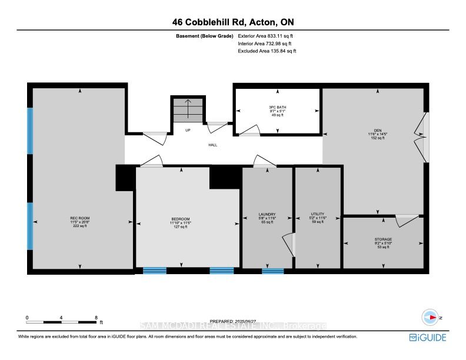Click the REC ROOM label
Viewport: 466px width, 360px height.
tap(79, 218)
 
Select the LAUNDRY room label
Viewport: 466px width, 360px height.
tap(267, 214)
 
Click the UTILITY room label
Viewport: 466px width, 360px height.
tap(318, 214)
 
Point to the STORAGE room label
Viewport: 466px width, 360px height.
tap(383, 239)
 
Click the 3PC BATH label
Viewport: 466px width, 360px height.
tap(277, 107)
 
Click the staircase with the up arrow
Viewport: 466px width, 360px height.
tap(188, 110)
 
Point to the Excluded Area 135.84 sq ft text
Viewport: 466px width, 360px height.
tap(267, 51)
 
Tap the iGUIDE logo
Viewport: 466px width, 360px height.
tap(428, 337)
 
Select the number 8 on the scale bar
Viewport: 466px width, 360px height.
tap(96, 318)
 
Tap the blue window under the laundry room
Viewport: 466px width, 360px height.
tap(272, 271)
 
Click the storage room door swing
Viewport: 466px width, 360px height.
tap(407, 221)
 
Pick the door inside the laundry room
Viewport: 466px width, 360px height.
tap(288, 244)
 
